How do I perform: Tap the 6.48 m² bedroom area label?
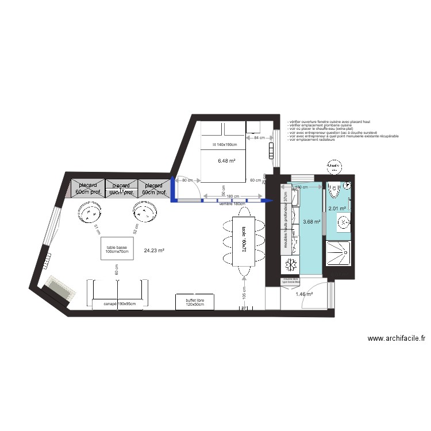tap(226, 161)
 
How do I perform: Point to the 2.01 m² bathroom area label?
tap(336, 209)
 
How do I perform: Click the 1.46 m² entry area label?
tap(304, 294)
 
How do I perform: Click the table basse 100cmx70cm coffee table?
tap(117, 250)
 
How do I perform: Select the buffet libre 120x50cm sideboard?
tap(195, 301)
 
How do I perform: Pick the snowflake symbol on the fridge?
tap(291, 265)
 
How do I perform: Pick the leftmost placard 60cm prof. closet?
tap(88, 188)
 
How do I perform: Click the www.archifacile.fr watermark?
tap(396, 339)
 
